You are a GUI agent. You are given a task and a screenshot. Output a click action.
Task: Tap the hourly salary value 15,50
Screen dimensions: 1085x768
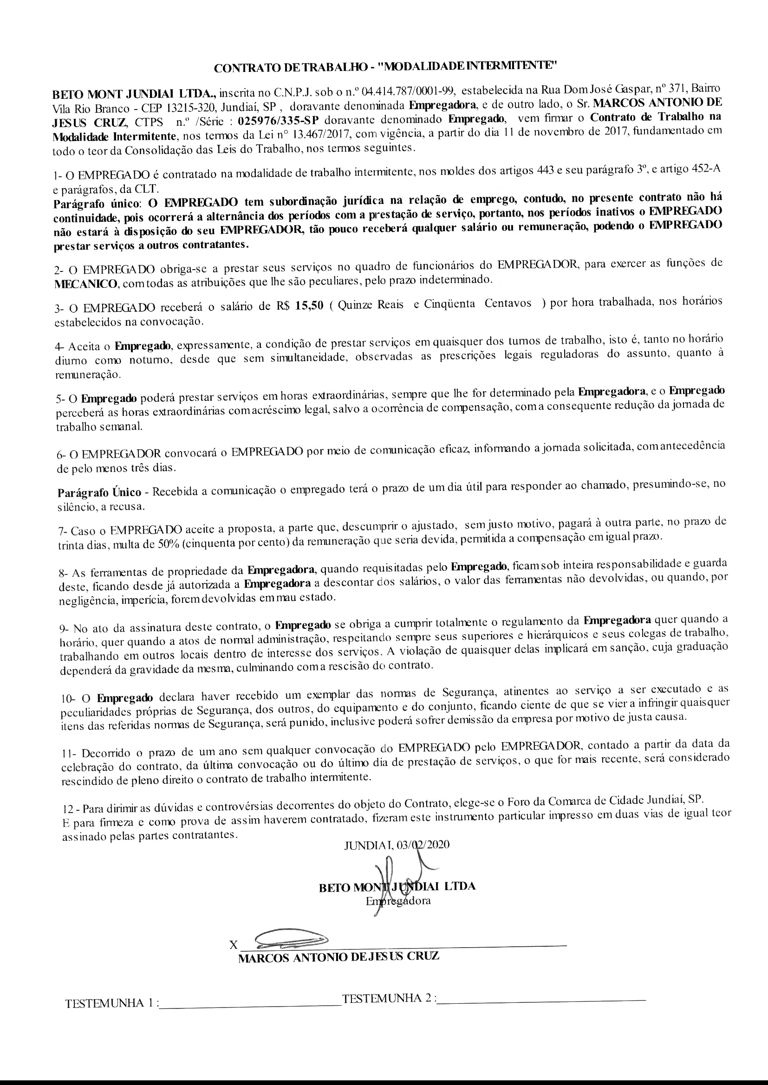click(309, 305)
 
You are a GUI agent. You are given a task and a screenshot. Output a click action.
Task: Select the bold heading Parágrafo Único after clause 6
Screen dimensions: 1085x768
click(99, 492)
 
